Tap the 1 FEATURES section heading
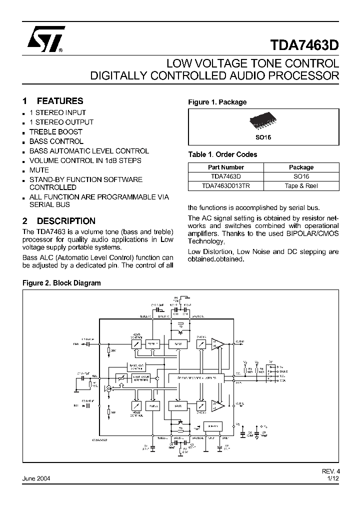53,101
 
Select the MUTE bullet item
39,170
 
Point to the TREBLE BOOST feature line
55,132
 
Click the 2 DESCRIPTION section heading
59,221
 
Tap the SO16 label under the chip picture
263,136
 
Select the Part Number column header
226,167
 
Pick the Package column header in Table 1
301,167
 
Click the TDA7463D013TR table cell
226,185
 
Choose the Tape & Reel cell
301,185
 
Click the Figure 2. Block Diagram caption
62,283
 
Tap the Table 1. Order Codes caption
222,154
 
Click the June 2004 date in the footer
36,478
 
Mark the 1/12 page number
332,478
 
